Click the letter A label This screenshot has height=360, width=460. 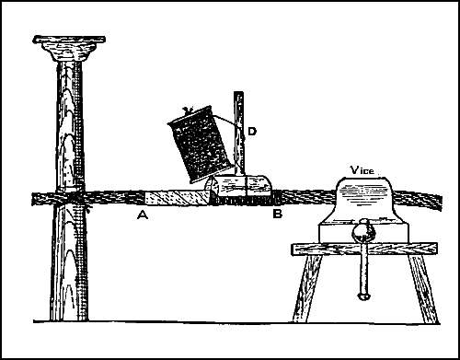pyautogui.click(x=142, y=215)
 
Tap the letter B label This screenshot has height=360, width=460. pyautogui.click(x=276, y=215)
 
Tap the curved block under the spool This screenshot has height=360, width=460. pyautogui.click(x=243, y=188)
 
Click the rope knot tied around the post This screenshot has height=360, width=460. pyautogui.click(x=70, y=201)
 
